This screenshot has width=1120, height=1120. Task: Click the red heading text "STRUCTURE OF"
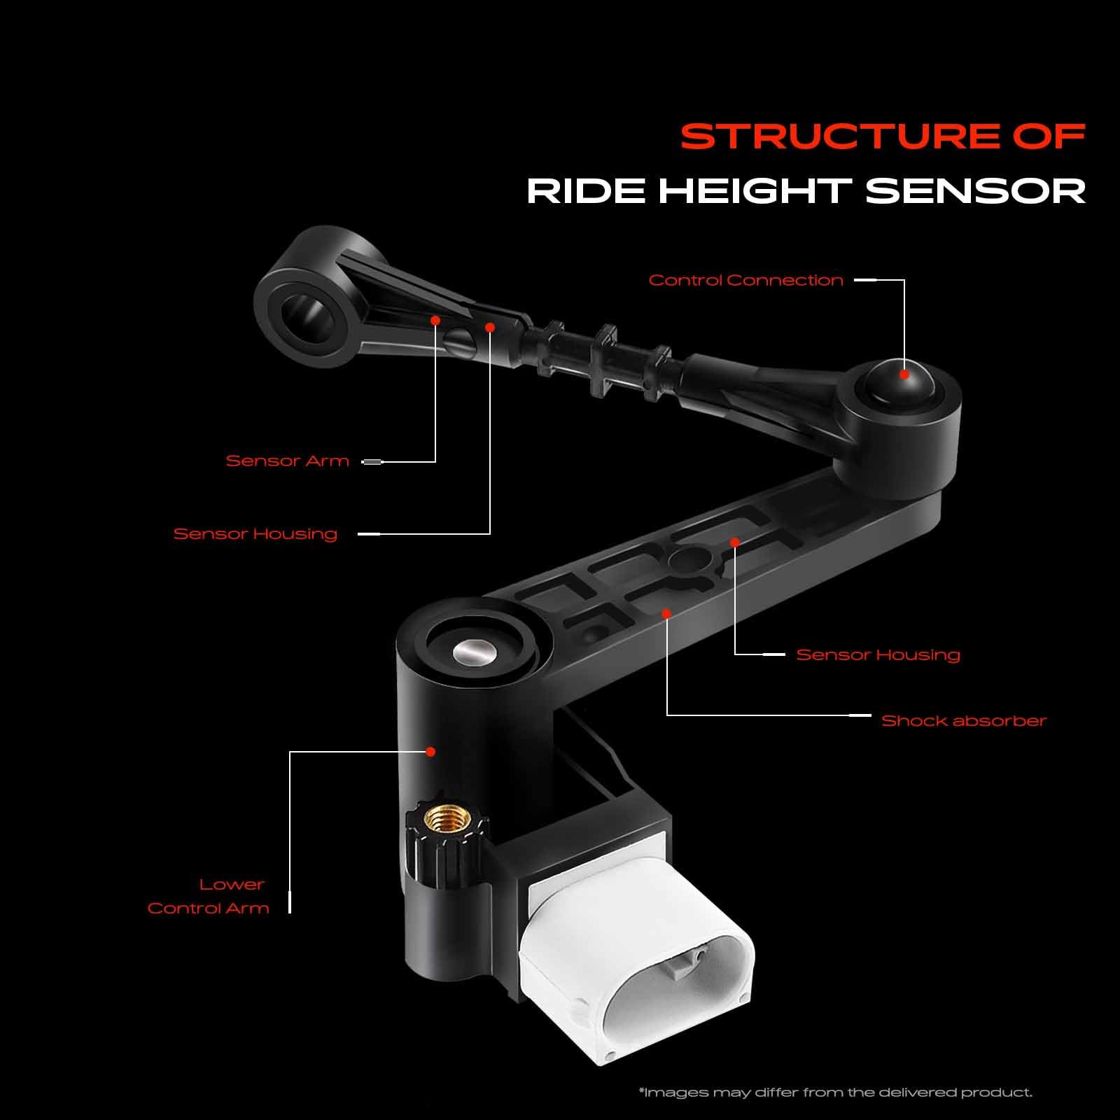coord(883,136)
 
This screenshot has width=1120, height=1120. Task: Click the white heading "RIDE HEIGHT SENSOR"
coord(806,191)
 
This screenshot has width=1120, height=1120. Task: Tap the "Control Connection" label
coord(745,280)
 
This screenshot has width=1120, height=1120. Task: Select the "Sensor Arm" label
coord(287,461)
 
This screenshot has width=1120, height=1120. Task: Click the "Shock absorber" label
coord(963,720)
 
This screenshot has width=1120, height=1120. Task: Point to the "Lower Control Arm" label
coord(209,896)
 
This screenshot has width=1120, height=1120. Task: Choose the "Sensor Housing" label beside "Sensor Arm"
coord(255,533)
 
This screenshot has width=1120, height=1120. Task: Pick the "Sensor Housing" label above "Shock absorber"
coord(878,654)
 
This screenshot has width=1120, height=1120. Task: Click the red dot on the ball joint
coord(904,374)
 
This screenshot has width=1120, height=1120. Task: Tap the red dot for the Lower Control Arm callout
coord(431,751)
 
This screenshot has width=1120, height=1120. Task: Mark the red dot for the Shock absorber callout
coord(666,613)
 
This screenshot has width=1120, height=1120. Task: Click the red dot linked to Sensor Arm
coord(435,320)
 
